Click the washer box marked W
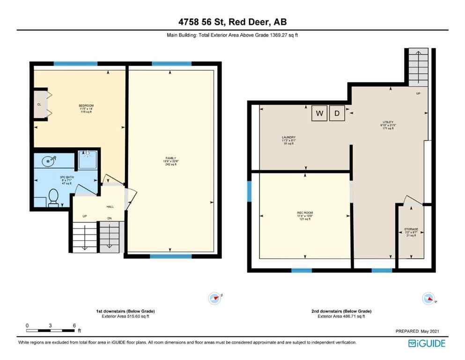(319, 113)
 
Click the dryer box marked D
(337, 113)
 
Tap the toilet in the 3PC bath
(53, 197)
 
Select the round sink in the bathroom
(48, 161)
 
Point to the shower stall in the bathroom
(87, 159)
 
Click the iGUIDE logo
(426, 343)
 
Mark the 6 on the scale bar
(74, 325)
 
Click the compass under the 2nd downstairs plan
(428, 298)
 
